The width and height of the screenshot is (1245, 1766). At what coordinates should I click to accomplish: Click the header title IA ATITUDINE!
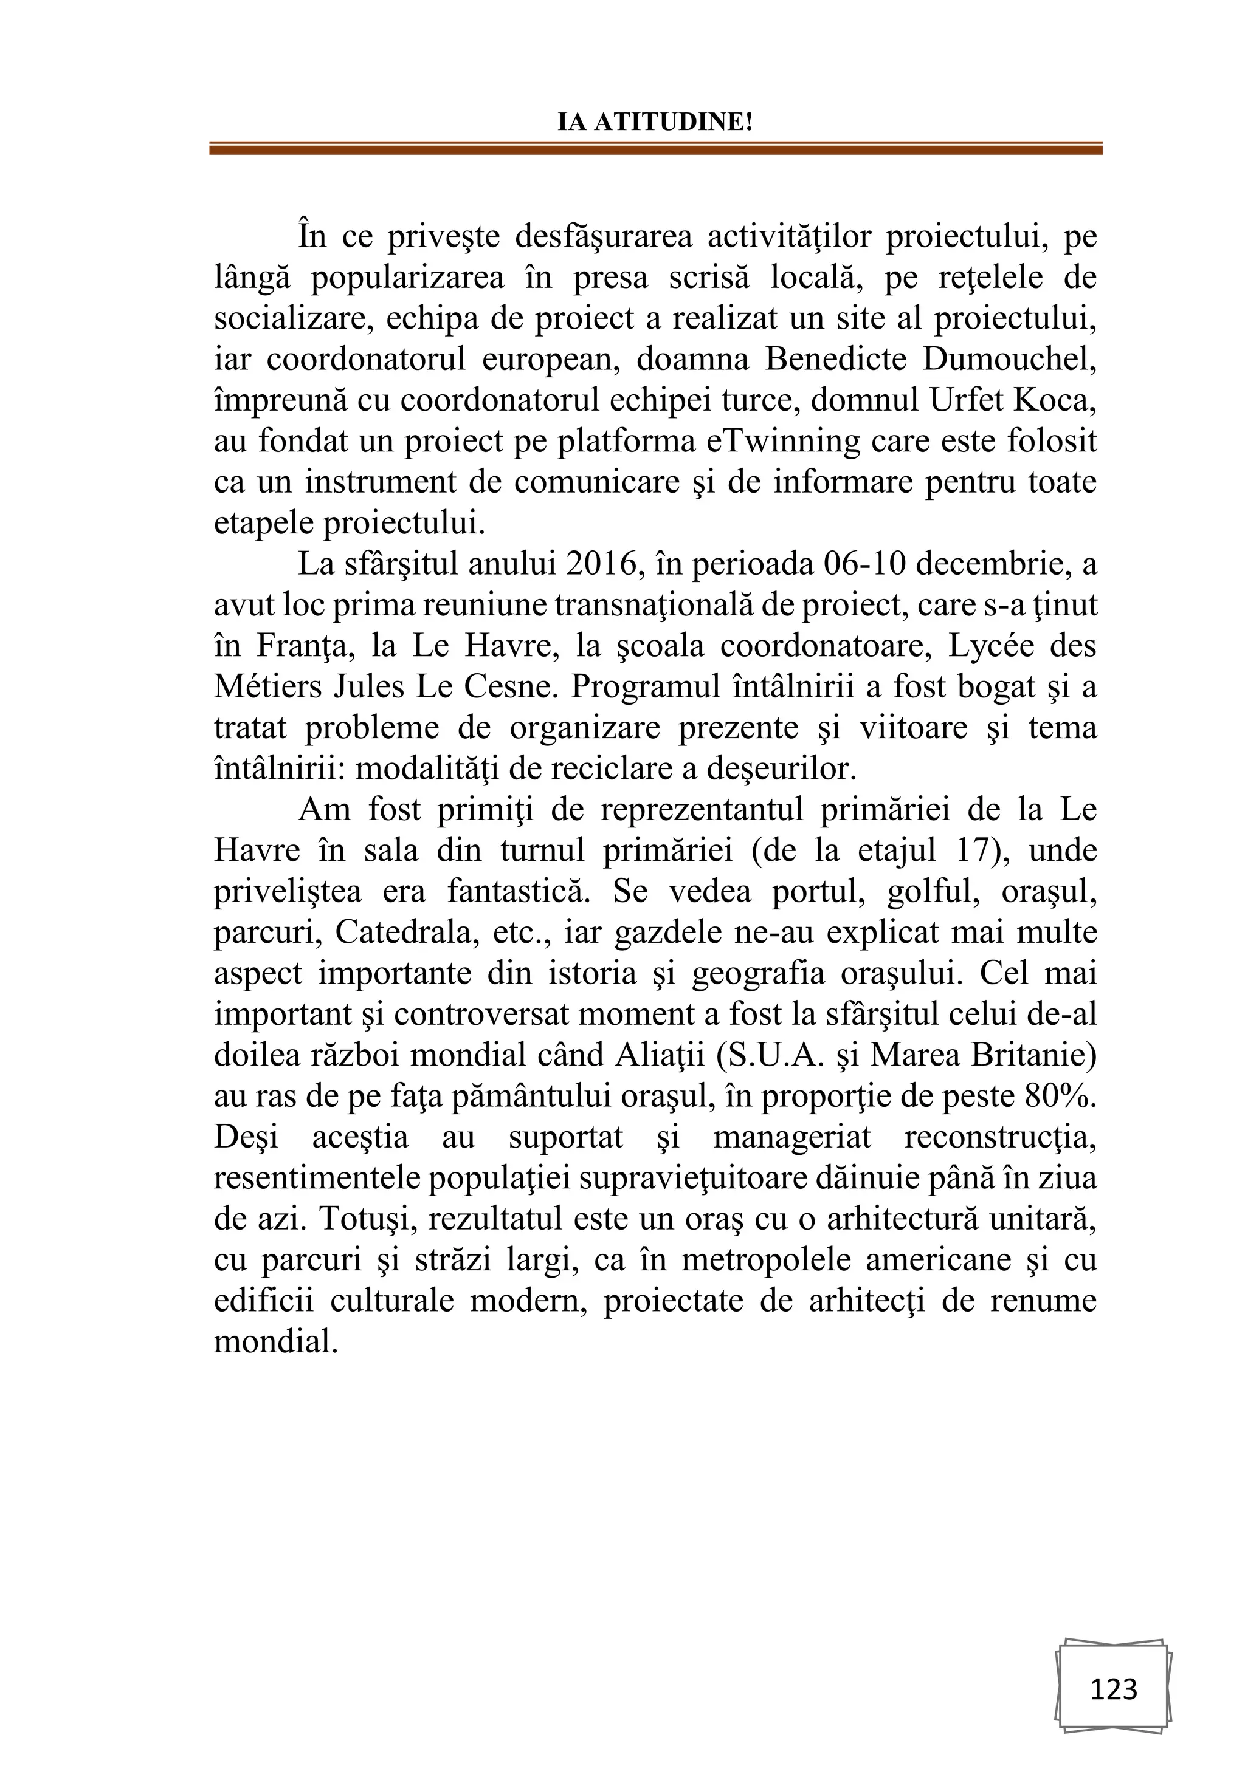click(x=655, y=122)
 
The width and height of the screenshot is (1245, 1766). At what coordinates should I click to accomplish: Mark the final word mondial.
click(x=275, y=1342)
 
